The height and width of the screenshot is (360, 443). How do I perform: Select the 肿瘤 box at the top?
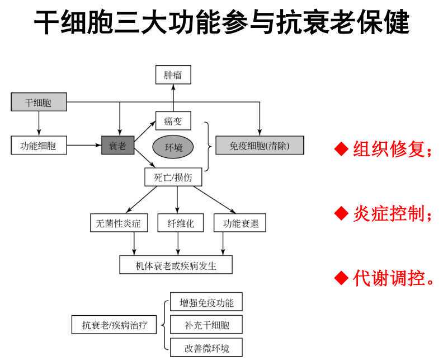click(x=173, y=74)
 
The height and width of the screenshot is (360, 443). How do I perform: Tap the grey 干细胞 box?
click(x=38, y=102)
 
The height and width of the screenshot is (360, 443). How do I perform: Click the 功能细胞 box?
click(x=38, y=147)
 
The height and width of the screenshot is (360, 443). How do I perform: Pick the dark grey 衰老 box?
click(x=117, y=147)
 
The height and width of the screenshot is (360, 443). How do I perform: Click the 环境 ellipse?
click(x=173, y=147)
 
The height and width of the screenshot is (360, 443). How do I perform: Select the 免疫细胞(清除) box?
click(x=260, y=147)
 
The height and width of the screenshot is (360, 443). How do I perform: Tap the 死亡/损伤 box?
click(x=173, y=178)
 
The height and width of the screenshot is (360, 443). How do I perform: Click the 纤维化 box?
click(x=177, y=223)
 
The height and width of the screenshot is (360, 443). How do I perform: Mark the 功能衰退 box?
click(x=239, y=223)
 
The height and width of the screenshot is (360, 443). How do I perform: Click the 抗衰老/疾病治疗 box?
click(x=115, y=325)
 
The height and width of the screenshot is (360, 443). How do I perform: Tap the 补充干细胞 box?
click(x=206, y=325)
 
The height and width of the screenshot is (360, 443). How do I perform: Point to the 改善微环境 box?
click(x=206, y=348)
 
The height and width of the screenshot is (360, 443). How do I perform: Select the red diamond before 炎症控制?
click(x=341, y=213)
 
